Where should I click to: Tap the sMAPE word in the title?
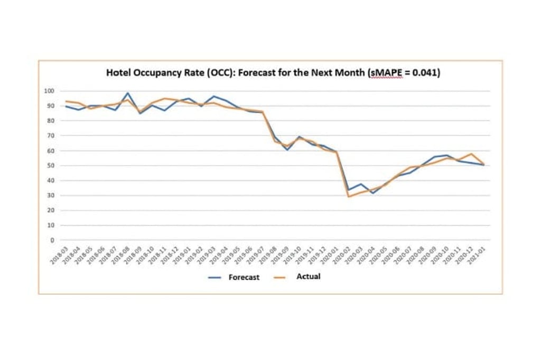tap(386, 73)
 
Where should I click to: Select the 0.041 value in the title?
tap(426, 73)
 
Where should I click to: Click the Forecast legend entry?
tap(244, 277)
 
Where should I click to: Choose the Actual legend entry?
tap(308, 276)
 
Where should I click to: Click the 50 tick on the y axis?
tap(51, 166)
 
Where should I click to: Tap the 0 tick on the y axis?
tap(52, 240)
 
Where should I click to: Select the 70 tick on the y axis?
tap(51, 136)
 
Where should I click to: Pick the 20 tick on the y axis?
tap(51, 211)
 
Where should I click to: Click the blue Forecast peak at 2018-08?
tap(128, 93)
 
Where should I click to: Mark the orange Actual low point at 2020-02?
tap(348, 197)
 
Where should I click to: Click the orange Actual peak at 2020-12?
tap(471, 154)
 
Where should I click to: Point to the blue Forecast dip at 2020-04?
tap(372, 193)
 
